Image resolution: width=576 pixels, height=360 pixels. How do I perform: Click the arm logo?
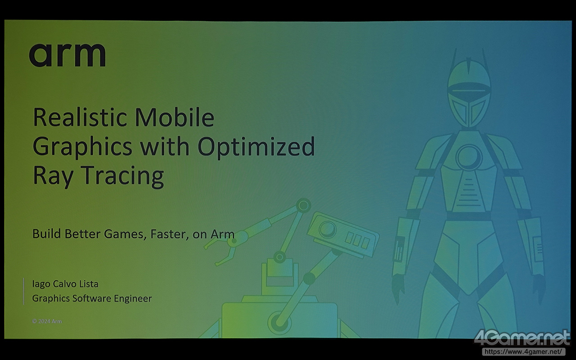[67, 55]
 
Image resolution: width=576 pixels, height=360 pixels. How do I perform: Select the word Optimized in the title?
[256, 147]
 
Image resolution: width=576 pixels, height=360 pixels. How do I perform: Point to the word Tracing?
[123, 176]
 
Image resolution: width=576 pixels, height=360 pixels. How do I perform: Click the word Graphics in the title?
[82, 147]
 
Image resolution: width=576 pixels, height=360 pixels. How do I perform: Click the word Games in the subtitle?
[125, 234]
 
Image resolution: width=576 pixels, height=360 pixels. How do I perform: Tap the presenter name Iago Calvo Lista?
[65, 284]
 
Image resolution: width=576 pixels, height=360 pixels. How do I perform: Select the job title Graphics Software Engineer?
[92, 298]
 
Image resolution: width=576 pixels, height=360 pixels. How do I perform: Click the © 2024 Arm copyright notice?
[47, 321]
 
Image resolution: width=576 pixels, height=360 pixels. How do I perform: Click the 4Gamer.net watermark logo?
[522, 338]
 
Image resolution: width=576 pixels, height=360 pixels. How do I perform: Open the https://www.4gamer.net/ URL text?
[523, 351]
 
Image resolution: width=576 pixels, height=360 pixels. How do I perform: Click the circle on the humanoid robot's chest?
[469, 157]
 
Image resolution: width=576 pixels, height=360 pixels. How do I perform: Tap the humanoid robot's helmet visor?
[469, 91]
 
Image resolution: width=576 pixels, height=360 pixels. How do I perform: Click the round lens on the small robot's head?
[327, 229]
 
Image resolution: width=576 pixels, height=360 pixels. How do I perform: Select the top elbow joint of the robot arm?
[303, 206]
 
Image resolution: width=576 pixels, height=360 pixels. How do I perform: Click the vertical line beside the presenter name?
[24, 291]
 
